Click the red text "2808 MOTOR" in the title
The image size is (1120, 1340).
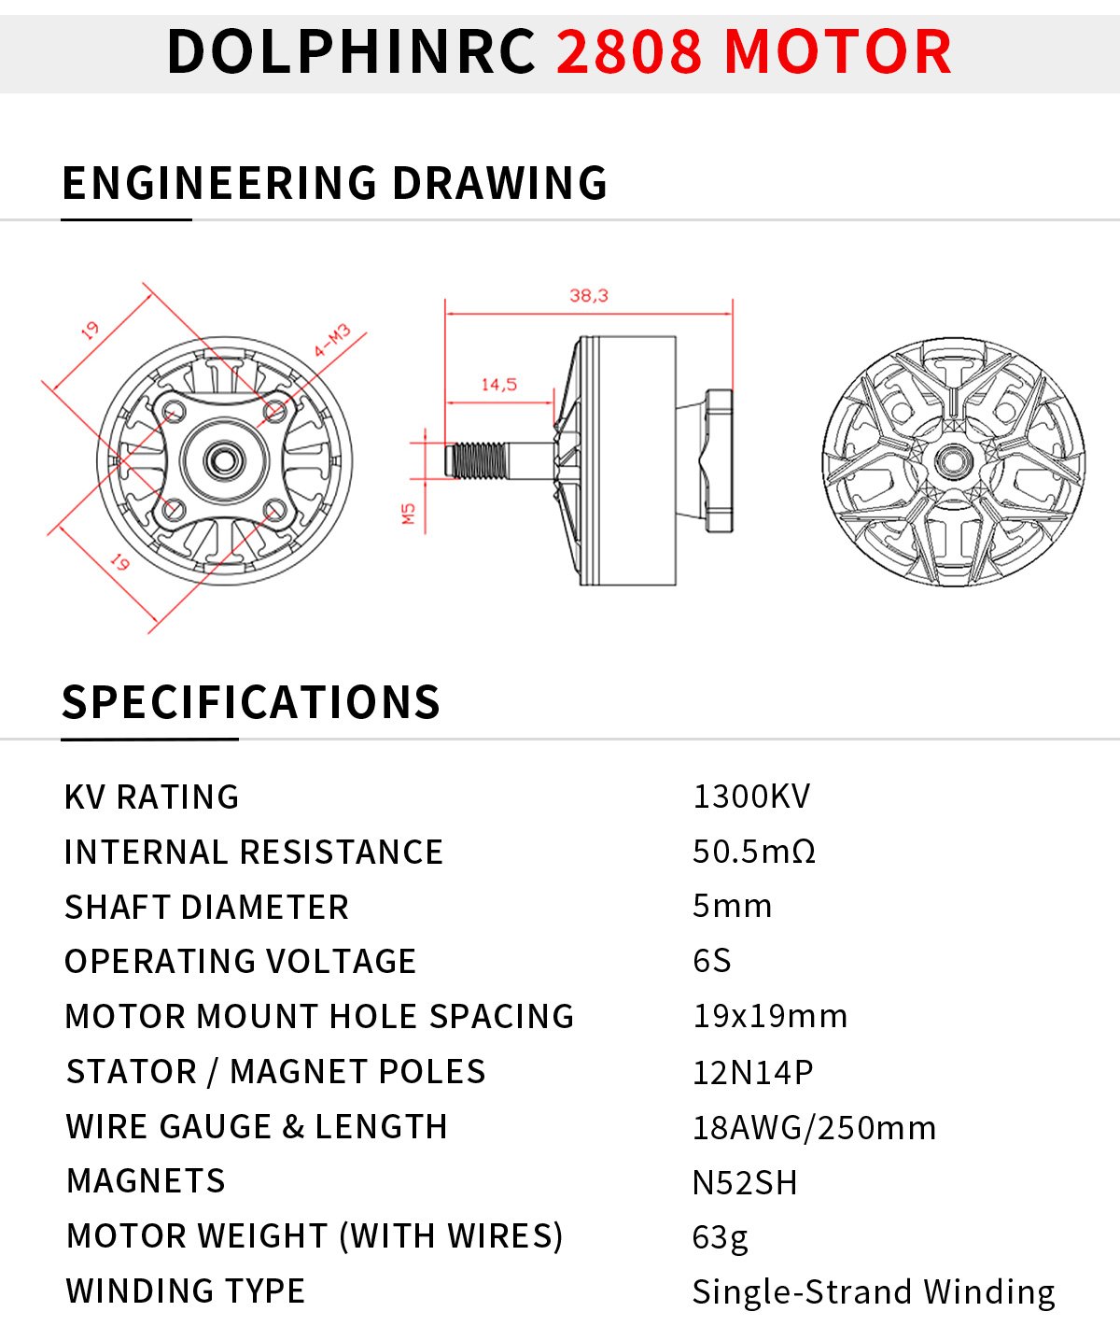tap(754, 51)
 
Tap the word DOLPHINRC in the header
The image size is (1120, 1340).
tap(351, 51)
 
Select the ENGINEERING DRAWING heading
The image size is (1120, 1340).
tap(334, 183)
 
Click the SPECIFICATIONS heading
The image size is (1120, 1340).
tap(250, 702)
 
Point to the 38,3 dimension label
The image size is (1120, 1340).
tap(589, 296)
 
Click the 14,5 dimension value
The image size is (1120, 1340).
tap(498, 385)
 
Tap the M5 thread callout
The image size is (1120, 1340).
tap(408, 514)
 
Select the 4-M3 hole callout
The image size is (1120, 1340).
tap(331, 341)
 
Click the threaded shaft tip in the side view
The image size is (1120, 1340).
tap(476, 459)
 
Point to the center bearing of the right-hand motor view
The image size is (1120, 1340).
tap(952, 460)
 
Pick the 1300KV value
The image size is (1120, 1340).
tap(751, 797)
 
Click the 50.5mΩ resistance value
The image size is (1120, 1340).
tap(754, 852)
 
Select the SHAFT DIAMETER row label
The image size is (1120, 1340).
tap(206, 907)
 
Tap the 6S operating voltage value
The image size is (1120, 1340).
tap(712, 961)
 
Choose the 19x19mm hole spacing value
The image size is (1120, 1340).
tap(770, 1016)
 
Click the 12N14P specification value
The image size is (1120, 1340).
tap(752, 1072)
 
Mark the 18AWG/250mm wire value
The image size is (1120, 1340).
tap(814, 1128)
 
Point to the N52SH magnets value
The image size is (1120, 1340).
tap(745, 1182)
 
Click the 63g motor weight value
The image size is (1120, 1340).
tap(720, 1237)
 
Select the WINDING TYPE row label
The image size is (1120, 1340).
tap(186, 1291)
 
